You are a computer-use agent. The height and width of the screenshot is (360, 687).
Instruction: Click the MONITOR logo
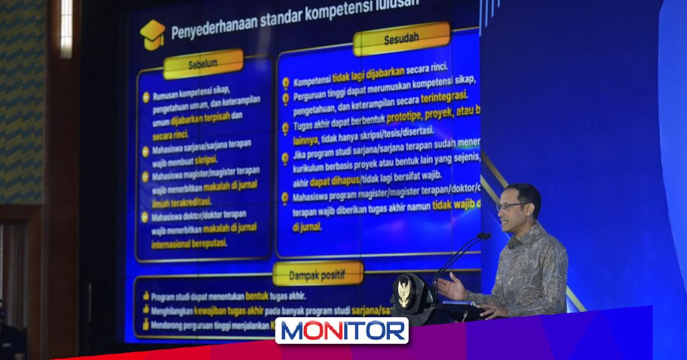coord(342,331)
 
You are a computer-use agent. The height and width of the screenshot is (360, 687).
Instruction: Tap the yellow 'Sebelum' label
coord(203,64)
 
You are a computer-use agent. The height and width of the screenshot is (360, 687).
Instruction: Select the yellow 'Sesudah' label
coord(401,39)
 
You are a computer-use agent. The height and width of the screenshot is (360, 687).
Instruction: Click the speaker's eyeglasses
coord(511,206)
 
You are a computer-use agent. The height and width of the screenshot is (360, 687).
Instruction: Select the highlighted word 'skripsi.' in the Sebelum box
coord(206,160)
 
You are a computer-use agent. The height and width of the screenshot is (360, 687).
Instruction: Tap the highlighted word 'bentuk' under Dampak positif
coord(260,296)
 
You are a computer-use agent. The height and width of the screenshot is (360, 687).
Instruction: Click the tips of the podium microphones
coord(484,236)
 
